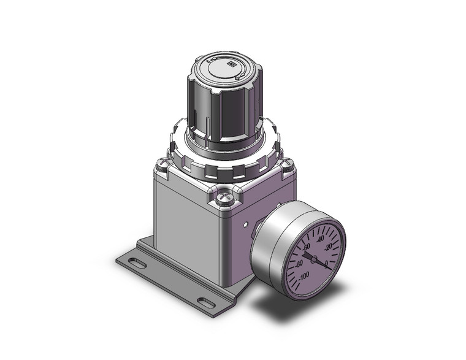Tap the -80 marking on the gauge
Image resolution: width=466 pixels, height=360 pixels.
click(300, 263)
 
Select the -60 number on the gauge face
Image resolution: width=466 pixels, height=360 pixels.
click(307, 245)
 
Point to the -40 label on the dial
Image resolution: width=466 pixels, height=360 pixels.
click(320, 239)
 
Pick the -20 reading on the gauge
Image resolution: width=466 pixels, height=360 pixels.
click(329, 247)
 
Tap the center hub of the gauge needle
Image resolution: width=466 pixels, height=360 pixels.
click(314, 260)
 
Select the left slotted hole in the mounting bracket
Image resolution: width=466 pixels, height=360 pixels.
click(139, 264)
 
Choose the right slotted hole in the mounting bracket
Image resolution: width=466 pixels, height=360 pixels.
click(205, 301)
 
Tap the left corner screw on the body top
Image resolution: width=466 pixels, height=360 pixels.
click(161, 164)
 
